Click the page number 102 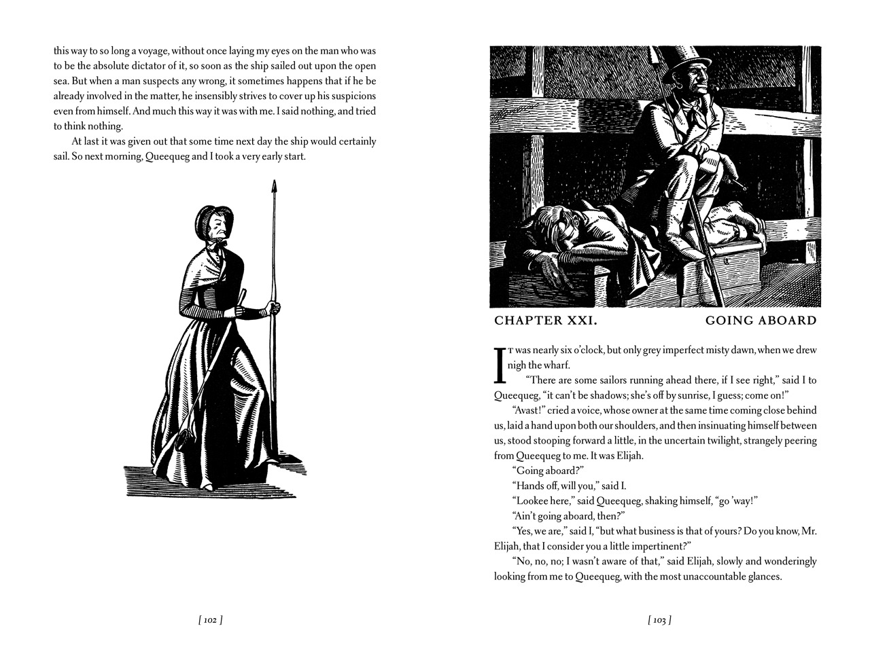click(210, 619)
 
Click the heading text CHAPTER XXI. click(546, 321)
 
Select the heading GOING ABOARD click(761, 321)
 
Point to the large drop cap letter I click(500, 366)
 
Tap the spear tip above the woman click(274, 187)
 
